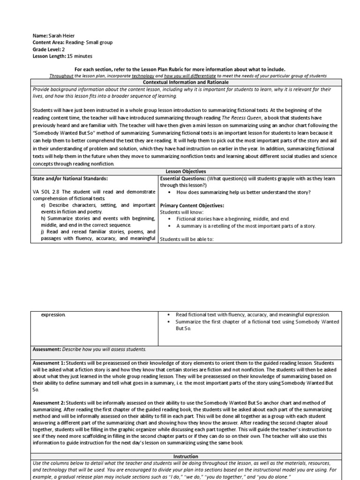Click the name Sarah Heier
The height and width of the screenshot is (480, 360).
point(61,36)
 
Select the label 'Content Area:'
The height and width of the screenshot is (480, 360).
point(48,42)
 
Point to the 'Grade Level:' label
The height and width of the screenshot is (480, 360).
point(46,49)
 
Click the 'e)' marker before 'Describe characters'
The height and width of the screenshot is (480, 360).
point(43,205)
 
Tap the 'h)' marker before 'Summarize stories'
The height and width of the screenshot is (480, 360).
point(43,218)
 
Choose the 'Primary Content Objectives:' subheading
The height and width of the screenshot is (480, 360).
point(192,205)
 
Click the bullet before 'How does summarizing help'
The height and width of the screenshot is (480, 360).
point(168,192)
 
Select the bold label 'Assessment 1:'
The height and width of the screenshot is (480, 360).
point(49,363)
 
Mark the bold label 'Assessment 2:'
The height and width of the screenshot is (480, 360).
point(49,403)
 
